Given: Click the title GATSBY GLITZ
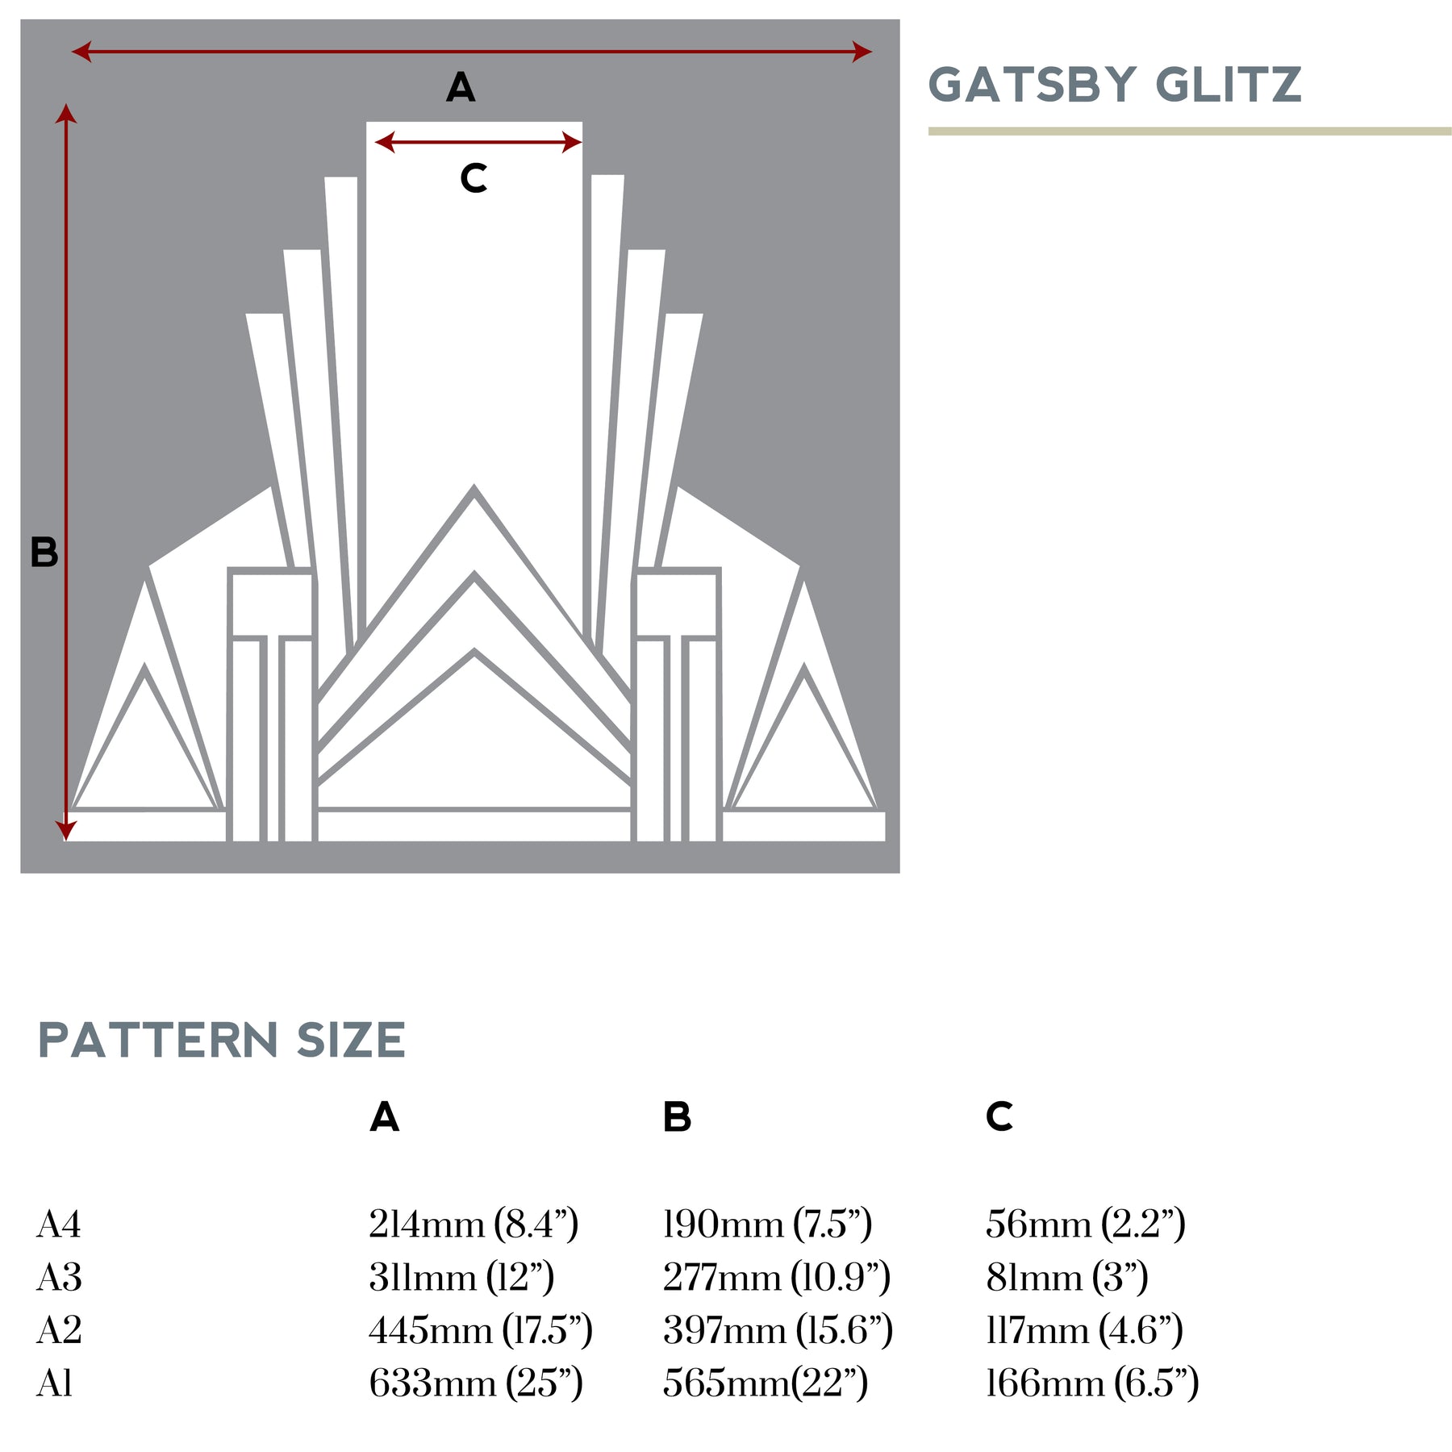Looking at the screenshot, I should click(1115, 86).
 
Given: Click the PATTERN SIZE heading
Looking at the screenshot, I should click(222, 1041).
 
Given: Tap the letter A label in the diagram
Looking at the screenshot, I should click(461, 87).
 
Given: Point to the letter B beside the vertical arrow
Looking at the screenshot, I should click(44, 553).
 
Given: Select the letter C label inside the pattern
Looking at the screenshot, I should click(474, 178).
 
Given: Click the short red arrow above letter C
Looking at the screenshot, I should click(478, 143).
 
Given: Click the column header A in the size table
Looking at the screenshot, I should click(385, 1117).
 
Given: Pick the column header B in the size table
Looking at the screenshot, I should click(678, 1117).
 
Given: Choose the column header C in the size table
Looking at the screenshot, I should click(999, 1117).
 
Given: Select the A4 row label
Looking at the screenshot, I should click(59, 1225).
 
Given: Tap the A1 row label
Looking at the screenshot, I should click(55, 1383).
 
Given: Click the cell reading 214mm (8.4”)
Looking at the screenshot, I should click(474, 1225).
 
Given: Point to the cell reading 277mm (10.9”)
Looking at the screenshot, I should click(776, 1278).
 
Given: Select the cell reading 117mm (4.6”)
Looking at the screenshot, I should click(1084, 1330).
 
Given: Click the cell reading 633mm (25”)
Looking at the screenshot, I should click(476, 1383).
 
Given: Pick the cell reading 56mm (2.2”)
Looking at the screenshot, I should click(1085, 1225).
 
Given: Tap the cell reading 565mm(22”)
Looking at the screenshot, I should click(765, 1383).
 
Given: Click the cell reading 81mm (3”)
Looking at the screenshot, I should click(1066, 1278).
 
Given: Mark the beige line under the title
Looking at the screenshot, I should click(1190, 131).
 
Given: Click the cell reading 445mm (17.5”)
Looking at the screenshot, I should click(481, 1330).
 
